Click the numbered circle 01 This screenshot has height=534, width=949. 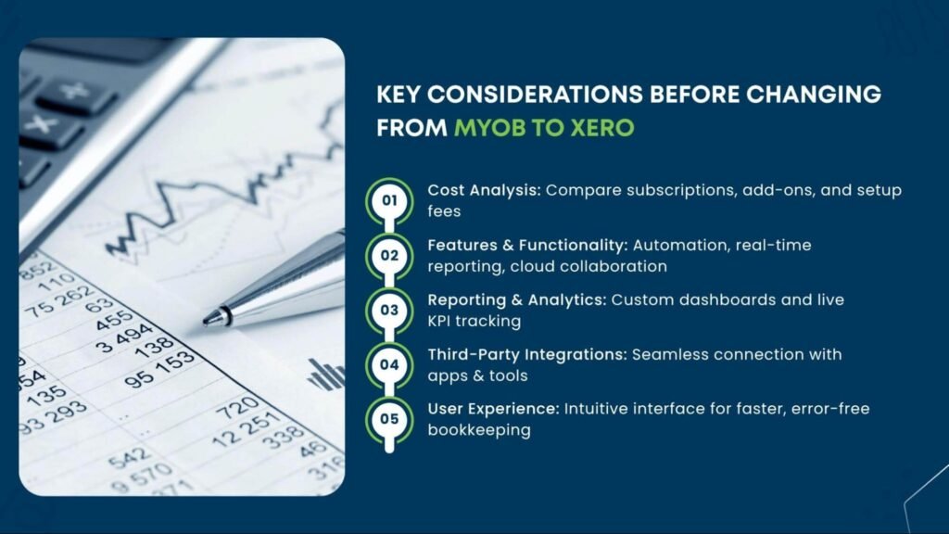[x=389, y=200]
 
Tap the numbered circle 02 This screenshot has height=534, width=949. [x=389, y=256]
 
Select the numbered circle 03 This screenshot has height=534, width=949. [x=389, y=310]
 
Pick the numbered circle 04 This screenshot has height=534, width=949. [x=389, y=364]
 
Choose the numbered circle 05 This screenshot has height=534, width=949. [x=389, y=419]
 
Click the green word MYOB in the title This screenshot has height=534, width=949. [x=489, y=128]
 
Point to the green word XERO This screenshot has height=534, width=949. [x=602, y=128]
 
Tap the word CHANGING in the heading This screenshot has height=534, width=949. [x=814, y=95]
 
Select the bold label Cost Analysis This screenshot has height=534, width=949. [x=484, y=190]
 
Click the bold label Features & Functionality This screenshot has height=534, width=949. [x=527, y=245]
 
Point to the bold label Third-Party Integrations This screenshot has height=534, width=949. [x=527, y=354]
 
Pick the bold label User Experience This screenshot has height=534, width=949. [x=493, y=409]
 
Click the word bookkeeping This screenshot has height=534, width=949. [x=479, y=430]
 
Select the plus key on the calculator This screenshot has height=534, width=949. [x=75, y=92]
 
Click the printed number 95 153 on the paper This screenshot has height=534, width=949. [x=159, y=369]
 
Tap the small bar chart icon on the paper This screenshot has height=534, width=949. [x=325, y=375]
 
